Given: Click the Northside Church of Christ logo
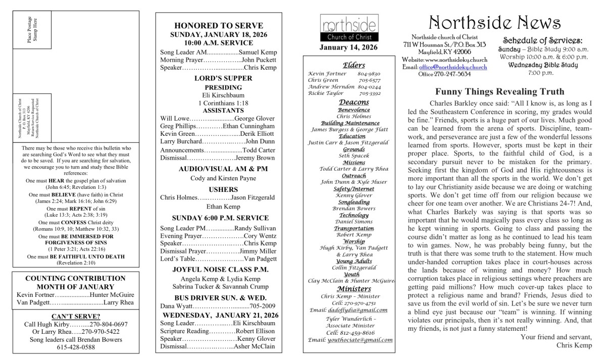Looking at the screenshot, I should click(348, 29).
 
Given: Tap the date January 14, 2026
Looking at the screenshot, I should click(348, 48).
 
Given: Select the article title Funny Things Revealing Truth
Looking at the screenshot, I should click(499, 91).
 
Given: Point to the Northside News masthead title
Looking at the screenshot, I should click(495, 22).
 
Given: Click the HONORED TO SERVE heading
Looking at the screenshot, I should click(218, 26).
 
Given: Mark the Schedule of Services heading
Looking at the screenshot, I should click(543, 40).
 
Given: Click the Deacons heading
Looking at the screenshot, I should click(353, 102).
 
